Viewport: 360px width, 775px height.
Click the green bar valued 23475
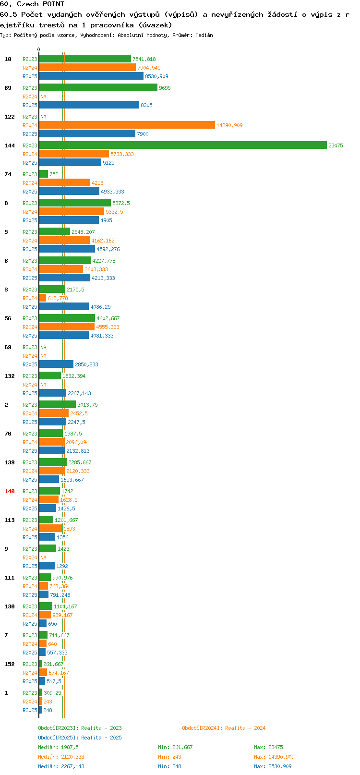click(x=183, y=145)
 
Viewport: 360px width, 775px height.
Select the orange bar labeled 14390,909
click(x=127, y=125)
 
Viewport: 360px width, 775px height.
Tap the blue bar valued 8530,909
click(x=91, y=76)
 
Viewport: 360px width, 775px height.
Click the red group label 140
click(x=9, y=491)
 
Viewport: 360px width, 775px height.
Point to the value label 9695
click(x=165, y=88)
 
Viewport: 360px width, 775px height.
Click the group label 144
click(x=9, y=145)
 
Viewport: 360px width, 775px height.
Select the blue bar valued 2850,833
click(x=56, y=364)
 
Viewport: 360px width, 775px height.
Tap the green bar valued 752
click(x=44, y=174)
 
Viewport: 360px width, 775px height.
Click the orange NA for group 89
click(x=43, y=97)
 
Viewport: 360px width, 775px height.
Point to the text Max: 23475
click(x=268, y=747)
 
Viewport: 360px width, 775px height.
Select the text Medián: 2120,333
click(x=61, y=757)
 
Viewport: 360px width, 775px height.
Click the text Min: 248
click(x=169, y=766)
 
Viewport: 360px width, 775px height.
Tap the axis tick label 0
click(x=38, y=49)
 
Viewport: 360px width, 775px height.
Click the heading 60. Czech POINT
click(x=32, y=4)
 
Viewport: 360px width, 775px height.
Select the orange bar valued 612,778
click(x=43, y=298)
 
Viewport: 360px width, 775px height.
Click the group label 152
click(x=9, y=664)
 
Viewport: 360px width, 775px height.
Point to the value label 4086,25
click(x=101, y=307)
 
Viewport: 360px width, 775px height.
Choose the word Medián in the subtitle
click(x=204, y=35)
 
